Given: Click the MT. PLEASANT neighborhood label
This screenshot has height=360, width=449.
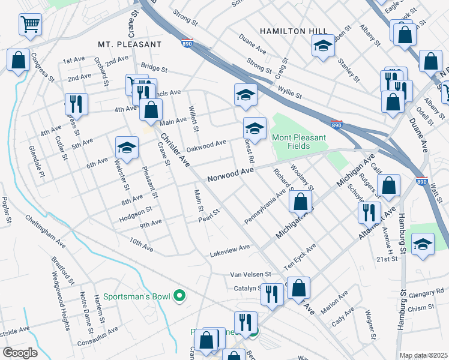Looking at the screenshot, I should [130, 44].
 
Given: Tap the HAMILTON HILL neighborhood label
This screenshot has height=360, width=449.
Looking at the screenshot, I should [294, 31].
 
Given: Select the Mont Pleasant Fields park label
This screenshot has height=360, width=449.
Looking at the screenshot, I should [299, 142].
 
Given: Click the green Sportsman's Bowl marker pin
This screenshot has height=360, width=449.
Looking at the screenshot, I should [179, 296].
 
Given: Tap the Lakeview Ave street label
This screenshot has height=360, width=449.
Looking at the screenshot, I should [229, 248].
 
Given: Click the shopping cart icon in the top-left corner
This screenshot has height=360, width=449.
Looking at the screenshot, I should [30, 25].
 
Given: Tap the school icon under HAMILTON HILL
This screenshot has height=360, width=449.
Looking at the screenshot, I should [323, 46].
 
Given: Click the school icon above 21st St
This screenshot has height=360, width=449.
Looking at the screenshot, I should [423, 245].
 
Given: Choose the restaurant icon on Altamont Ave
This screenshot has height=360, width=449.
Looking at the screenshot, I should [369, 211].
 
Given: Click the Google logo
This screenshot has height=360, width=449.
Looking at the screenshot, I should [19, 352].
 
